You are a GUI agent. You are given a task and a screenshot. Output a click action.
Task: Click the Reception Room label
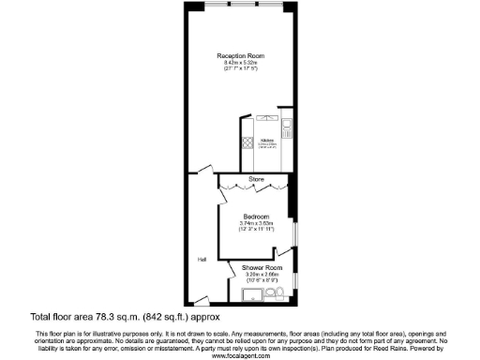pos(239,55)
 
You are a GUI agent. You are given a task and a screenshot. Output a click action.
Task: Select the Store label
pos(255,179)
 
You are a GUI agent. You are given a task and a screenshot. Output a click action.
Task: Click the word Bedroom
pos(256,217)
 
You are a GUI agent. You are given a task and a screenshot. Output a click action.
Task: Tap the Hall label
pos(201,260)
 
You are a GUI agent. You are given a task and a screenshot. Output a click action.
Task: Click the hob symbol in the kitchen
pos(248,145)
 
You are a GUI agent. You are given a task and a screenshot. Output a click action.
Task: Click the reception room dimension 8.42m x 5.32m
pos(239,63)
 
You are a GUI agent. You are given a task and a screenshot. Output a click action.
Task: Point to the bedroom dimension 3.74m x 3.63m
pos(256,223)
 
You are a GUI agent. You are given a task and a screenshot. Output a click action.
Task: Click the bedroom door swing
pos(283,250)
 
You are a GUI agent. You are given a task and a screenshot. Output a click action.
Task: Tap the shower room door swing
pos(232,269)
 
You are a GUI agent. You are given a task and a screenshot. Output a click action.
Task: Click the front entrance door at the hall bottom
pos(200,300)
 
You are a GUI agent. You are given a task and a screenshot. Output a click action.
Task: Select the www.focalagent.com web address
pos(239,356)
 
